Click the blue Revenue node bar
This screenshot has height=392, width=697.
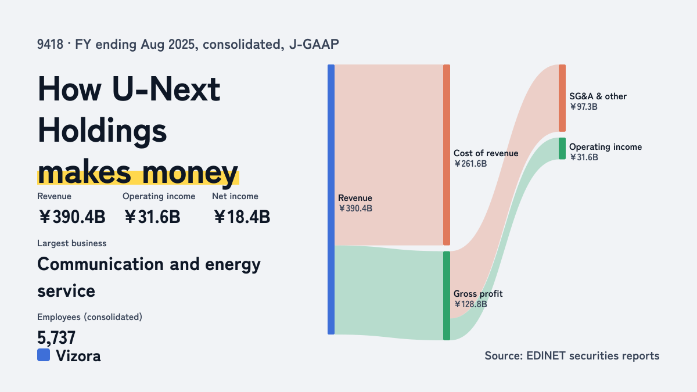(331, 199)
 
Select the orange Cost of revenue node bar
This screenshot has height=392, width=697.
(447, 155)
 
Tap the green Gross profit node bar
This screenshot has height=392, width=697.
(447, 296)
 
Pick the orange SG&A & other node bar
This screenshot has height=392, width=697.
(562, 98)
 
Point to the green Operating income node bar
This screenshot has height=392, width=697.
(562, 149)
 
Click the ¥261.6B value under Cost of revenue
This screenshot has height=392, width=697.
(470, 164)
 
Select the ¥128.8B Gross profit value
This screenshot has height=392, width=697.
(470, 304)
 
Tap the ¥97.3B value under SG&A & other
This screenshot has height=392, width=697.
(583, 107)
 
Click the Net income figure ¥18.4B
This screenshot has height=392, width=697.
(242, 217)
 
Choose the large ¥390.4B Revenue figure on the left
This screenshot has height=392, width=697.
(72, 217)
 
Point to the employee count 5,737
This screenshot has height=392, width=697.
(56, 337)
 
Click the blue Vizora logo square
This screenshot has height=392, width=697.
(44, 355)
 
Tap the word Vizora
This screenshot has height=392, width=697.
(78, 356)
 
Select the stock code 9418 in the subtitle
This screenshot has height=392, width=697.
(50, 45)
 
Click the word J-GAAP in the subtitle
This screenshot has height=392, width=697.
(314, 45)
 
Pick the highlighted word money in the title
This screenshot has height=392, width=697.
(190, 172)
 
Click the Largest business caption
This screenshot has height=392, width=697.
(72, 243)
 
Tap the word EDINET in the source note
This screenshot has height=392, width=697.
(546, 355)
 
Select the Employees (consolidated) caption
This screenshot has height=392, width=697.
(89, 317)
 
